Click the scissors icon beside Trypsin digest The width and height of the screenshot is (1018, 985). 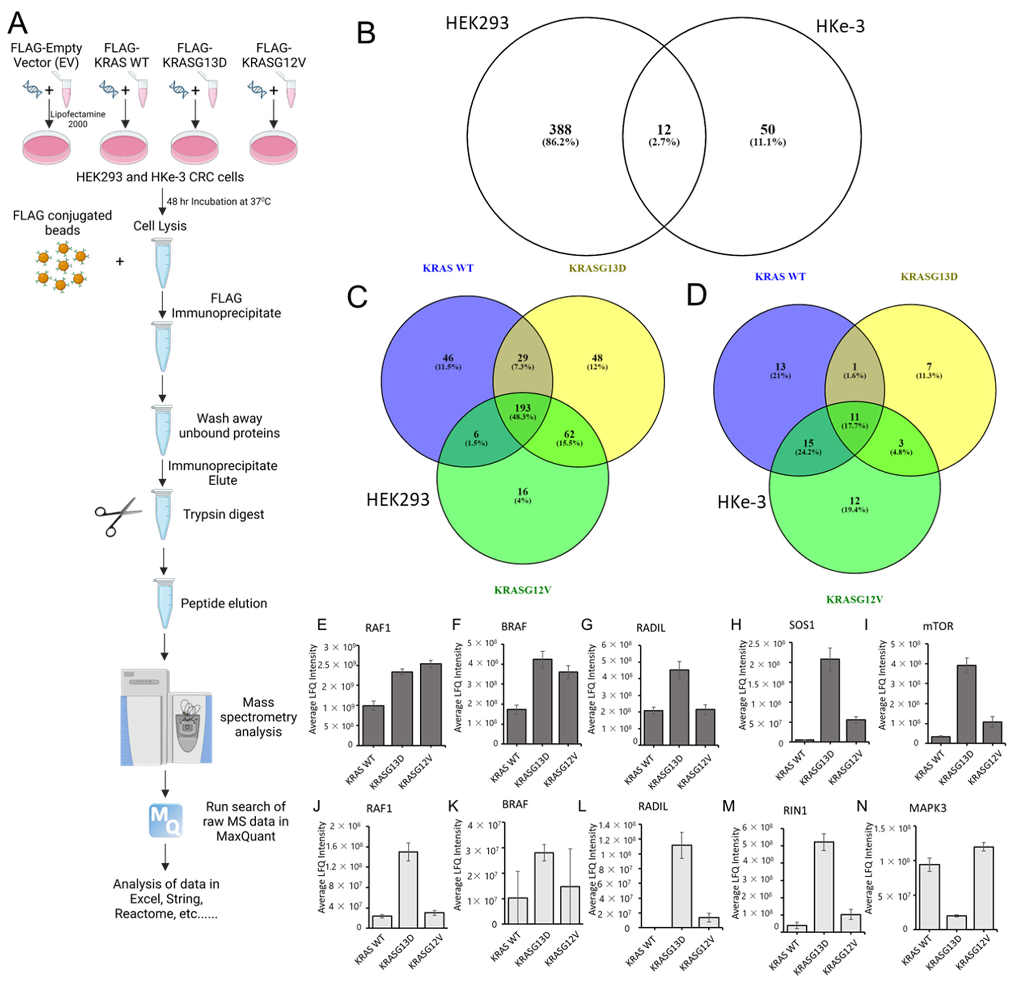coord(118,516)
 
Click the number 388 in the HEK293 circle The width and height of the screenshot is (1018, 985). coord(560,130)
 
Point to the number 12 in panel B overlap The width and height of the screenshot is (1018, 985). coord(664,130)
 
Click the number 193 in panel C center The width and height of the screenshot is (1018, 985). coord(522,408)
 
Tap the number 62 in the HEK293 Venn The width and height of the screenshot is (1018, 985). coord(569,434)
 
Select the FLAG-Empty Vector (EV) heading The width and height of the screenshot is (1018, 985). coord(47,55)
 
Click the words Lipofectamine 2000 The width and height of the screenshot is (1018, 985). coord(78,119)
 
